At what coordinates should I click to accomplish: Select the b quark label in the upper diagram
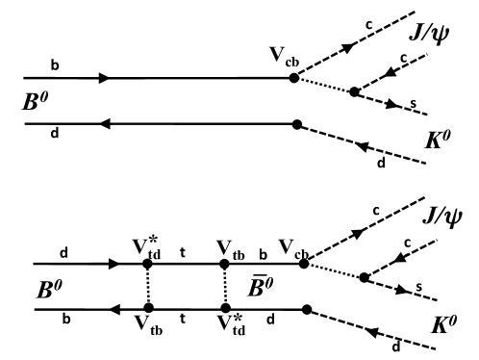[55, 65]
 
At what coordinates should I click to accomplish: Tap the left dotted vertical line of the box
[147, 286]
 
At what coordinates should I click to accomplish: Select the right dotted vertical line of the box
[224, 286]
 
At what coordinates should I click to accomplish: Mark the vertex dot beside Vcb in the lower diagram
[302, 263]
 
